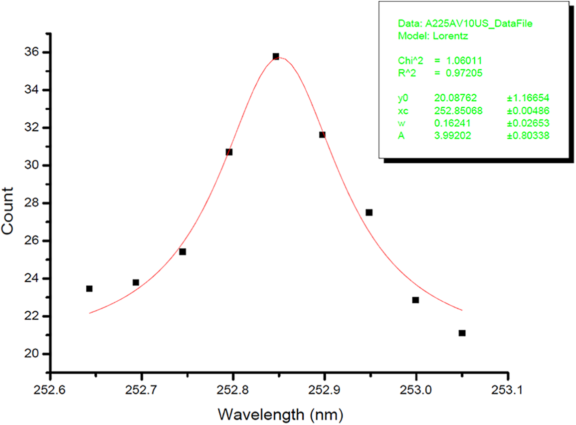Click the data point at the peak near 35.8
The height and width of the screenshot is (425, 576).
(x=276, y=56)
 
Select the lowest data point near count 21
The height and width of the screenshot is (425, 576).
(x=462, y=333)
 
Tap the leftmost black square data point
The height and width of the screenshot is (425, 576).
(x=89, y=288)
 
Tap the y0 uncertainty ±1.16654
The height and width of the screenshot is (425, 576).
(x=527, y=98)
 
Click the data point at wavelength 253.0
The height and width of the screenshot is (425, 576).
(x=415, y=300)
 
